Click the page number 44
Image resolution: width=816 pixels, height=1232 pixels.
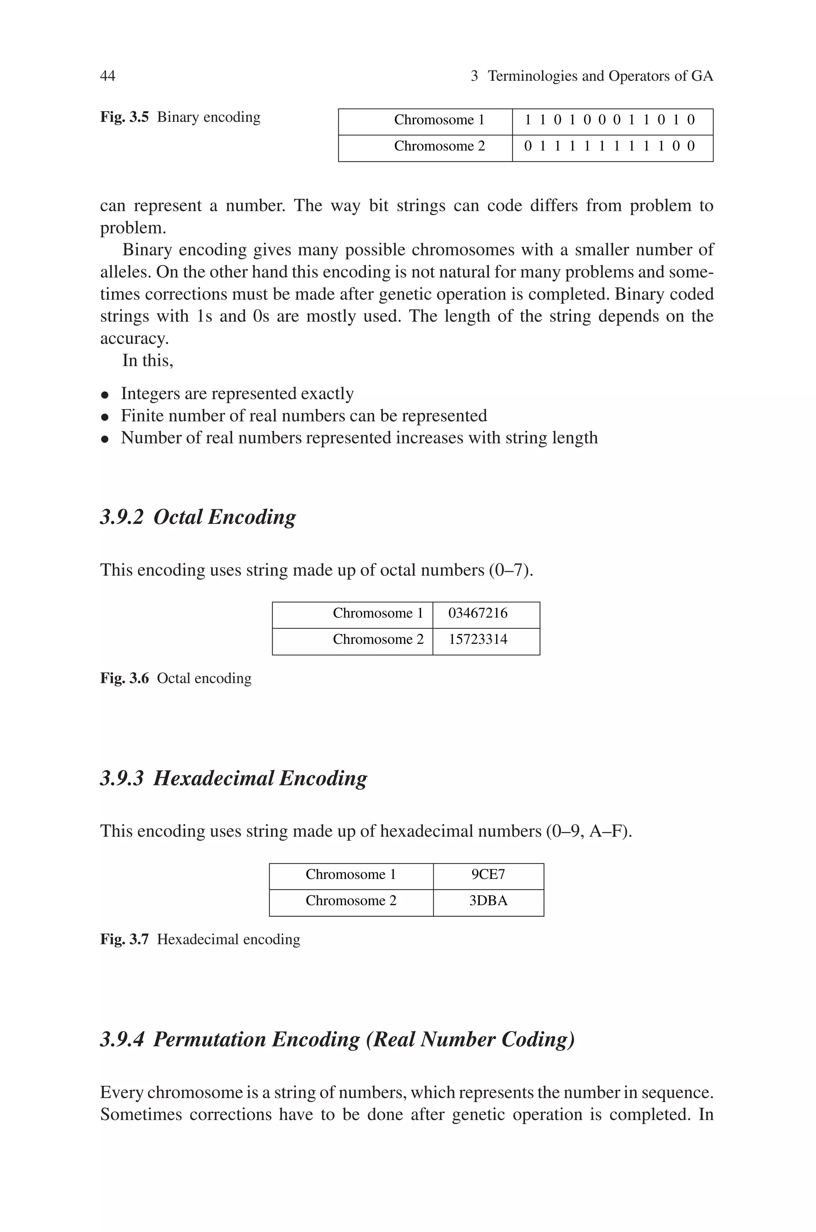click(x=107, y=76)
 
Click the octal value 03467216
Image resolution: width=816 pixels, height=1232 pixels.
click(x=477, y=613)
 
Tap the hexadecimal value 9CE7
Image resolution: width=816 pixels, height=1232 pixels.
click(x=488, y=874)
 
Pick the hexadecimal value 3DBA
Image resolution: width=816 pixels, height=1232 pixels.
click(x=488, y=900)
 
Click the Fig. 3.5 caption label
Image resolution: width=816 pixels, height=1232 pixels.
click(x=124, y=117)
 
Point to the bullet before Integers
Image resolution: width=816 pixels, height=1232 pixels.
click(x=105, y=395)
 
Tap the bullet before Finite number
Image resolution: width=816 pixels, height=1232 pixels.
click(x=105, y=417)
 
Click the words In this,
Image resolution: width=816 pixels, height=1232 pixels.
click(x=147, y=360)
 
